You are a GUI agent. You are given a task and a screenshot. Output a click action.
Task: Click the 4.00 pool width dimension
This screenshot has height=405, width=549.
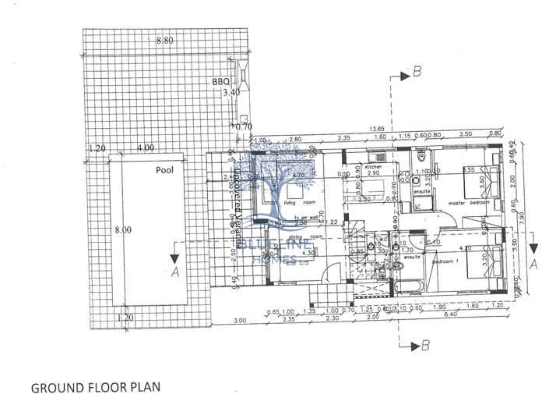click(145, 147)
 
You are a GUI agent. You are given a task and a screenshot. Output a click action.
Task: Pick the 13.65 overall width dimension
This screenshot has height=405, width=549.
click(377, 130)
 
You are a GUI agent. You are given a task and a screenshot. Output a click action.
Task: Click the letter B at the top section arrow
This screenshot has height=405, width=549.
click(417, 73)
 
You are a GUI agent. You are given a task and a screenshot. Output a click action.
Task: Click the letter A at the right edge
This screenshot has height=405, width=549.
click(533, 264)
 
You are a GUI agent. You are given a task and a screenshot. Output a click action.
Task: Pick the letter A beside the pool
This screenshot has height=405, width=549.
click(176, 272)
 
